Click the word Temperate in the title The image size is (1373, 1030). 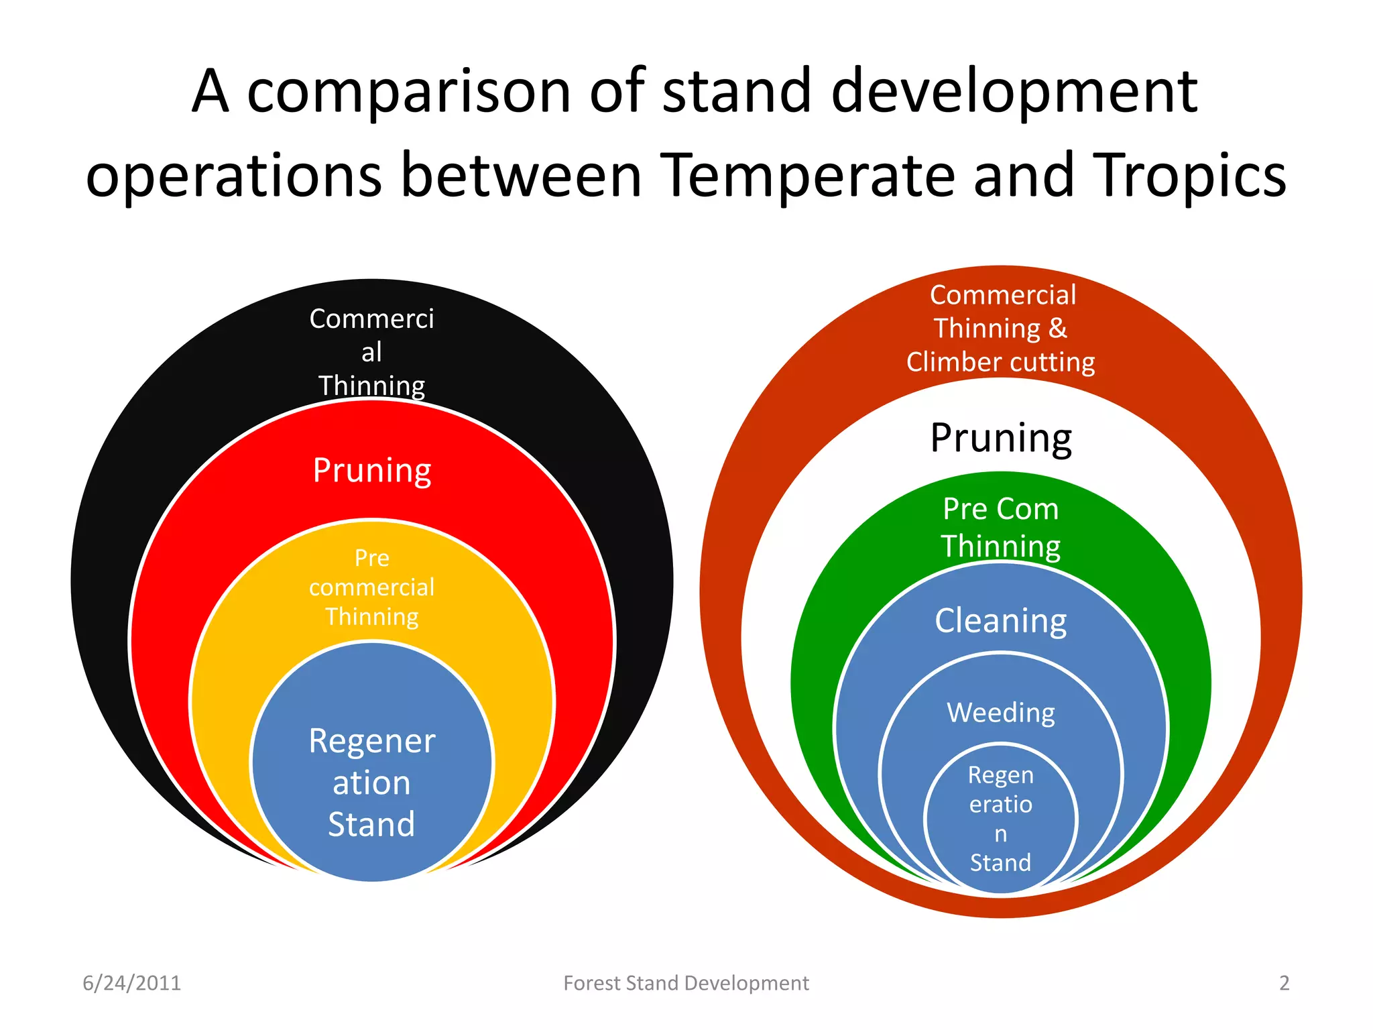tap(808, 176)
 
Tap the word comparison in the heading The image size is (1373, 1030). tap(409, 92)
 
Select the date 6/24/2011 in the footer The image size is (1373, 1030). tap(131, 983)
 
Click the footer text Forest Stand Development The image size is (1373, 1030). tap(686, 983)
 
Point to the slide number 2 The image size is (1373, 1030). tap(1284, 983)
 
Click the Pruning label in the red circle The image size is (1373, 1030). tap(372, 470)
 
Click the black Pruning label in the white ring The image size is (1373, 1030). tap(1001, 438)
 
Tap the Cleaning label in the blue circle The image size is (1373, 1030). tap(1001, 621)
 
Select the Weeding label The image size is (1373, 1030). tap(1001, 712)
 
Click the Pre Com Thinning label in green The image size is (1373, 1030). tap(1001, 528)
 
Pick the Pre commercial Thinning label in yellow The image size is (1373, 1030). tap(372, 587)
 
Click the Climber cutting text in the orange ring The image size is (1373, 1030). tap(1001, 362)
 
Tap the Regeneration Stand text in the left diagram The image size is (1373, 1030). tap(372, 782)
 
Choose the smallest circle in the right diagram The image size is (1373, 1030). tap(1001, 818)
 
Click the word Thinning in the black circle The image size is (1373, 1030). tap(372, 386)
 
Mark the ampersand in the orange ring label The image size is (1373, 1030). tap(1057, 329)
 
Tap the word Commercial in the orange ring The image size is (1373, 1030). tap(1003, 295)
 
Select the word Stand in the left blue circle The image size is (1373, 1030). tap(372, 824)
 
